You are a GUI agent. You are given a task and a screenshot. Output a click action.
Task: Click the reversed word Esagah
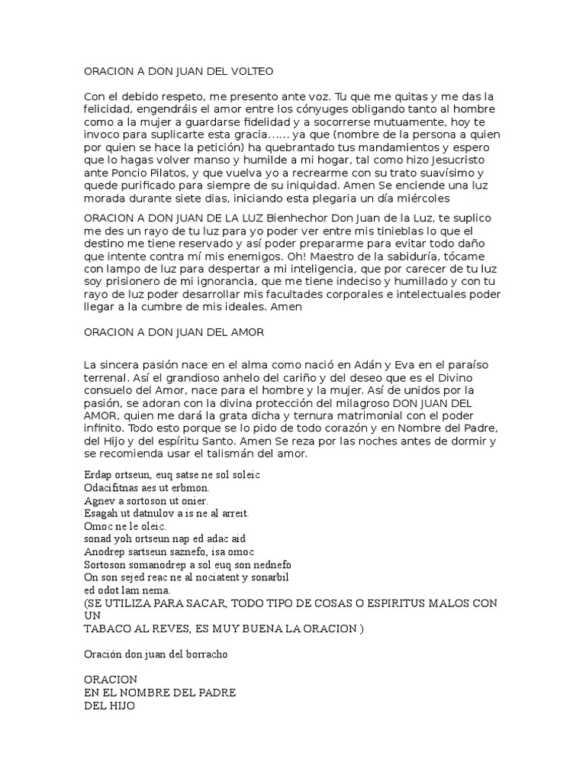(100, 513)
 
